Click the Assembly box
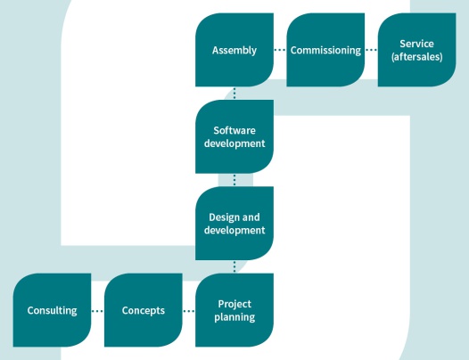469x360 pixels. [x=234, y=50]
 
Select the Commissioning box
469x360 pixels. [x=325, y=50]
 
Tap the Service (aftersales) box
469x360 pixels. [x=417, y=50]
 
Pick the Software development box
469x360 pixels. [x=234, y=136]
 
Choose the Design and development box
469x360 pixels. [x=234, y=224]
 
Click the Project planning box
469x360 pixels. [x=234, y=310]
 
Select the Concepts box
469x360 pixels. [x=144, y=310]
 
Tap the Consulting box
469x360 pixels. [x=52, y=310]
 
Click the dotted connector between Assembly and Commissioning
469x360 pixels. [x=280, y=50]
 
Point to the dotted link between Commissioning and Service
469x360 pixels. [x=371, y=50]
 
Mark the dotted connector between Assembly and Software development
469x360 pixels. [x=234, y=94]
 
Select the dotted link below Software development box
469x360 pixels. [x=234, y=180]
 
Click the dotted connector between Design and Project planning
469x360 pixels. [x=234, y=266]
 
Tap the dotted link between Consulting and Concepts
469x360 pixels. [x=97, y=311]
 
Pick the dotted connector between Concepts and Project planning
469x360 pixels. [x=189, y=311]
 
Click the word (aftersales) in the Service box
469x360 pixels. [x=417, y=57]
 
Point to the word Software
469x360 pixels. [x=234, y=130]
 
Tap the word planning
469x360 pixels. [x=234, y=317]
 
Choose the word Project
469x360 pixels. [x=234, y=304]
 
